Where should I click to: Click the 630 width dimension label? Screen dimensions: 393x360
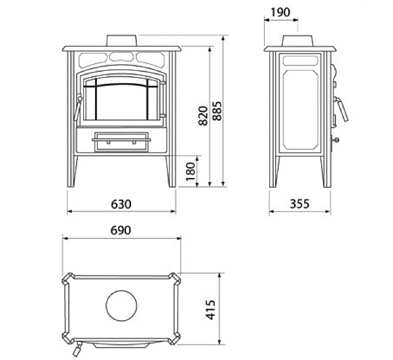(x=121, y=204)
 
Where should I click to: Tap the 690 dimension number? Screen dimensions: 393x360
(x=121, y=230)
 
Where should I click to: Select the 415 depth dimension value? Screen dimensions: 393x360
(x=210, y=310)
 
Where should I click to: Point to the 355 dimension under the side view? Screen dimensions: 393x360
(x=299, y=204)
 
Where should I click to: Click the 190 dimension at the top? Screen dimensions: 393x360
(x=280, y=12)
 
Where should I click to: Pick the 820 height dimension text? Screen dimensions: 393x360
(x=203, y=116)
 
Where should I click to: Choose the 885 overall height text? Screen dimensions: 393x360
(x=217, y=111)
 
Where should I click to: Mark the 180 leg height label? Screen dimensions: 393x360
(x=191, y=171)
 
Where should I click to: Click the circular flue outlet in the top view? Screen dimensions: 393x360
(x=122, y=306)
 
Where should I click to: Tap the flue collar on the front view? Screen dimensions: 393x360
(x=122, y=41)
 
